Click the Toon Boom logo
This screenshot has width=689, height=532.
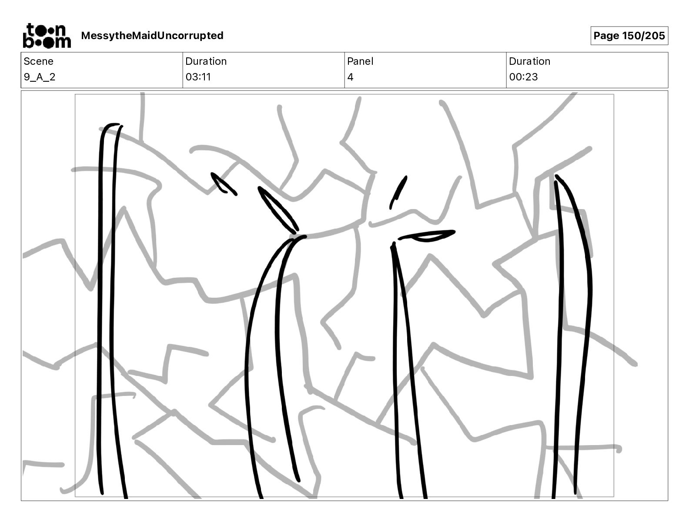47,36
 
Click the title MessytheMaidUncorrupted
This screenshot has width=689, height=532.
152,36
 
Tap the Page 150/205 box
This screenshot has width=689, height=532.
629,36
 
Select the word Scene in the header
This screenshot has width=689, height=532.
38,61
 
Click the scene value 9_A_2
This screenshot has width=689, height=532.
40,77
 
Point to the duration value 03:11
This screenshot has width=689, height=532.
198,77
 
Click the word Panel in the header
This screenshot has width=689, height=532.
360,61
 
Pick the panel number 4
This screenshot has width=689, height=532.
350,77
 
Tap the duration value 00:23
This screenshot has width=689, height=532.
523,77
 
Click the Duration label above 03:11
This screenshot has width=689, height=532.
206,61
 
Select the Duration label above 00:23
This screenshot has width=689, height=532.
529,61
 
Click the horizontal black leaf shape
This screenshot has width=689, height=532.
426,236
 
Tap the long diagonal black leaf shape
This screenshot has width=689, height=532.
278,210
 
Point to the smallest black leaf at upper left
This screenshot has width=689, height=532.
224,184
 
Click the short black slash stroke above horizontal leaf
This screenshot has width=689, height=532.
398,192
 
